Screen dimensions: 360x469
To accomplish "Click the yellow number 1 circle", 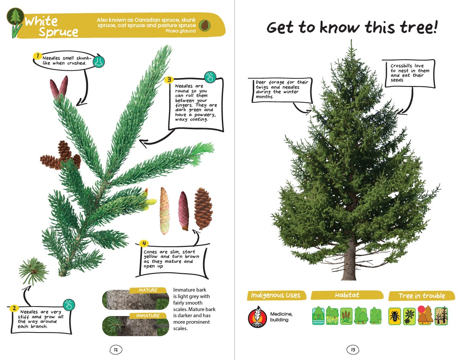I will (37, 56).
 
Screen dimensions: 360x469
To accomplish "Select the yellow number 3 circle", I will (169, 80).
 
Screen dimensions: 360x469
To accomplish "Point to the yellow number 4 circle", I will (144, 243).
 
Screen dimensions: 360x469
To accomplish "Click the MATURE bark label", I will (148, 290).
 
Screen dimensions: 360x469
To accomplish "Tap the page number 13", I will (353, 349).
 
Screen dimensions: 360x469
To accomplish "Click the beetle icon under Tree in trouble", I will (394, 316).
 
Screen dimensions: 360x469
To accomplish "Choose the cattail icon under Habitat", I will (346, 316).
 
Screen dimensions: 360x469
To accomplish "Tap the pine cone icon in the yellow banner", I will (205, 25).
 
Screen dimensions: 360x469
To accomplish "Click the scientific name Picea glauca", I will (181, 31).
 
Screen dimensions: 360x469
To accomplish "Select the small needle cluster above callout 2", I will (34, 271).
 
